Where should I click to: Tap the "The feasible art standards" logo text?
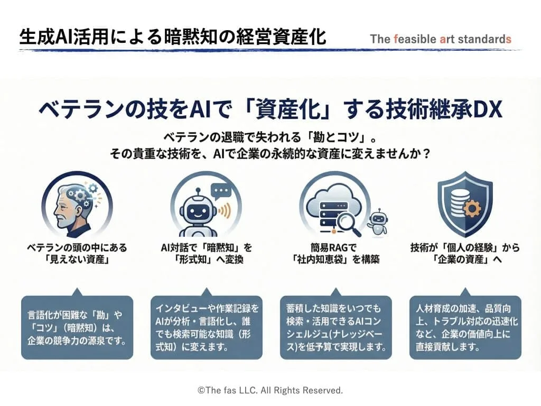pos(441,39)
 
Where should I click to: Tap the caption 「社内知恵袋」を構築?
pos(335,260)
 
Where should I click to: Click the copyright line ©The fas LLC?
pos(270,390)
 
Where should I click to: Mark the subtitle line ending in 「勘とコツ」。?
pos(270,136)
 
